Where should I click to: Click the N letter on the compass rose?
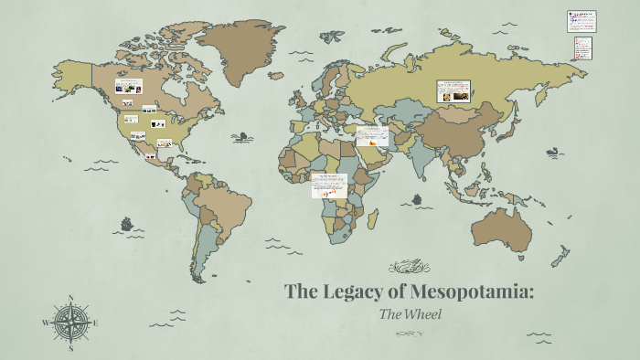[70, 298]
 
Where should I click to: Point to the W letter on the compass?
[45, 323]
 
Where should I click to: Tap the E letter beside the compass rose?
[96, 323]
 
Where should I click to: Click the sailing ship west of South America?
[126, 223]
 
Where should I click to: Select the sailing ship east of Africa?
[418, 198]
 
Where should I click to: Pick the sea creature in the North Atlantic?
[242, 137]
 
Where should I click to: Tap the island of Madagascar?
[373, 219]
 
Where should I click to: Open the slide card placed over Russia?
[454, 90]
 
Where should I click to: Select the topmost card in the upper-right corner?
[581, 21]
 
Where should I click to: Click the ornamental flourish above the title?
[409, 268]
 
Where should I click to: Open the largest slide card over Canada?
[128, 87]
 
